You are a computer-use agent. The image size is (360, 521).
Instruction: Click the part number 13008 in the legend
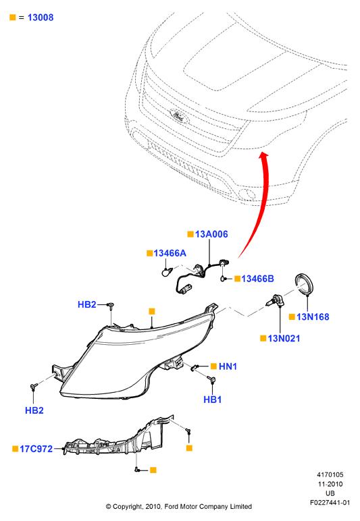[x=41, y=18]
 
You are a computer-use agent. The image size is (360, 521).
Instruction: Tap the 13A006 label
[x=211, y=234]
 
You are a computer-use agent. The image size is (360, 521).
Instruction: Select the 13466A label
[x=170, y=253]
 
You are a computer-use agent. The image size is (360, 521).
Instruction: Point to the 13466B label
[x=257, y=279]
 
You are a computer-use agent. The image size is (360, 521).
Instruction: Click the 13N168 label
[x=313, y=317]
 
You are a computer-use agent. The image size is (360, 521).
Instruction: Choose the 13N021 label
[x=284, y=339]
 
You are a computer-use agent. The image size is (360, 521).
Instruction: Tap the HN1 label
[x=228, y=366]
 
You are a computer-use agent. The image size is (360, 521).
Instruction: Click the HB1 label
[x=212, y=400]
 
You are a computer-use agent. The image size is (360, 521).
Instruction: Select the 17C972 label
[x=36, y=449]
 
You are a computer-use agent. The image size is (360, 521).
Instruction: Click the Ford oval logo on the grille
[x=180, y=116]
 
